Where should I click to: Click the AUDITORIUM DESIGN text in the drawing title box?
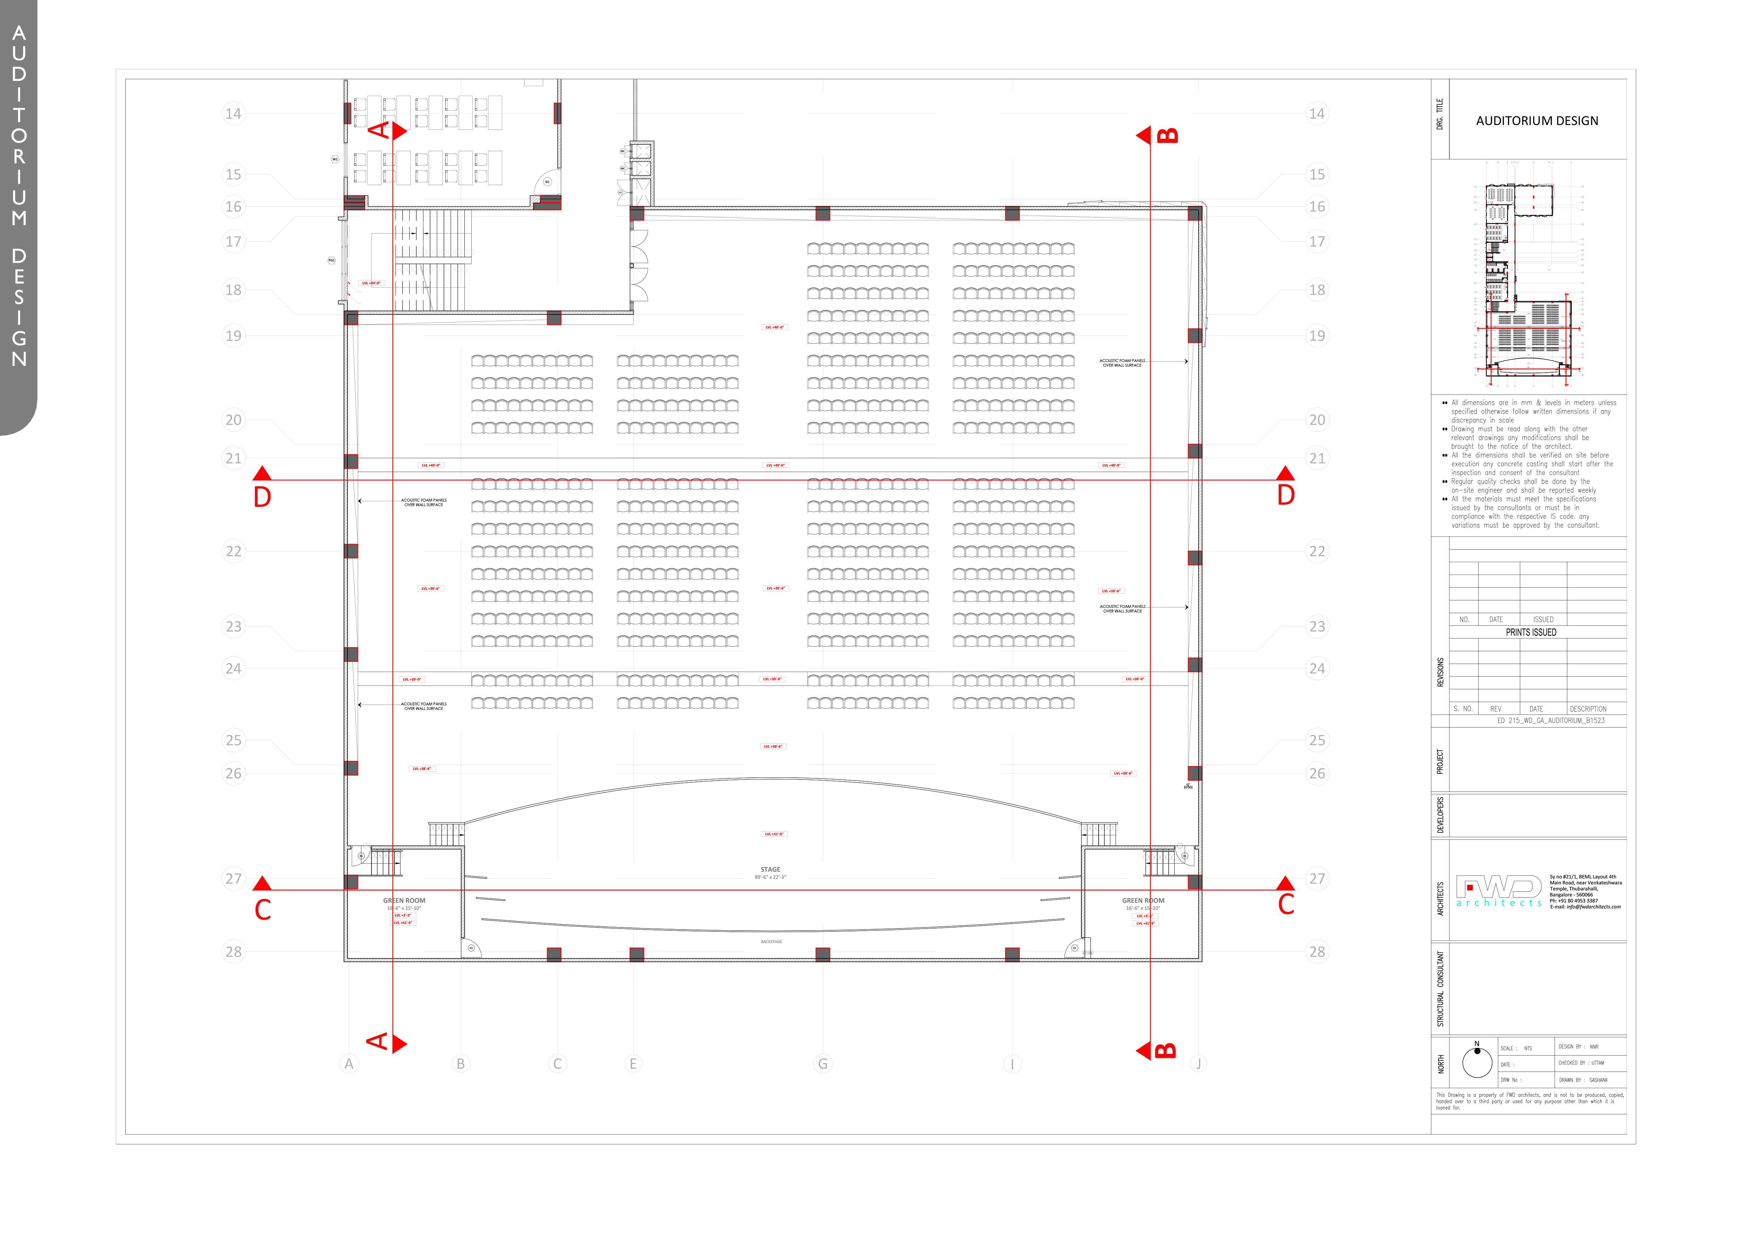[x=1537, y=120]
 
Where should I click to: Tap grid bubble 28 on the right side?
[x=1317, y=952]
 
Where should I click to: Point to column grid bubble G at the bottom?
[x=822, y=1063]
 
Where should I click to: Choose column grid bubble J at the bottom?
[x=1198, y=1063]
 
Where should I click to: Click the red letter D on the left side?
[x=262, y=497]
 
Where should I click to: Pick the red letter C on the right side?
[x=1286, y=906]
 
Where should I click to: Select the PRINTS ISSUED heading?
[x=1531, y=633]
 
